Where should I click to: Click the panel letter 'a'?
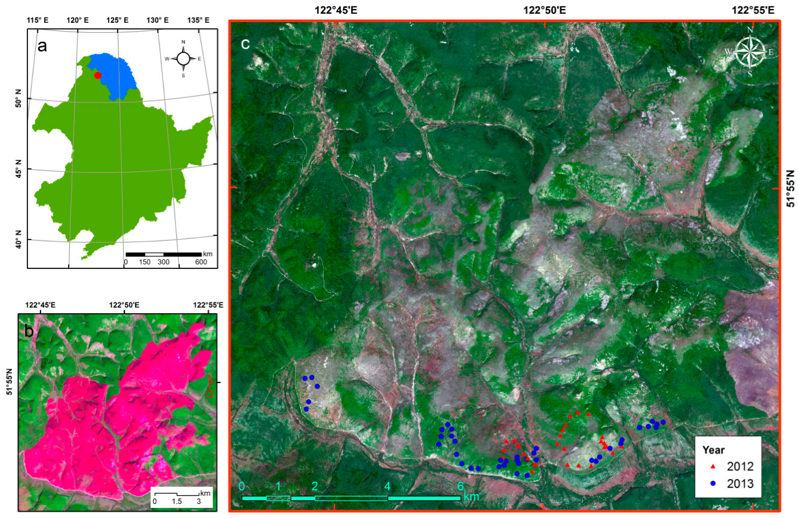point(42,47)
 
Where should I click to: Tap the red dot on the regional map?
point(97,75)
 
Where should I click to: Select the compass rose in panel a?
point(183,59)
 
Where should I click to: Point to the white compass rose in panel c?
point(749,52)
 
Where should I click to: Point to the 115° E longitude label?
point(38,20)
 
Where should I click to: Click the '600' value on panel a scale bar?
point(201,262)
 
